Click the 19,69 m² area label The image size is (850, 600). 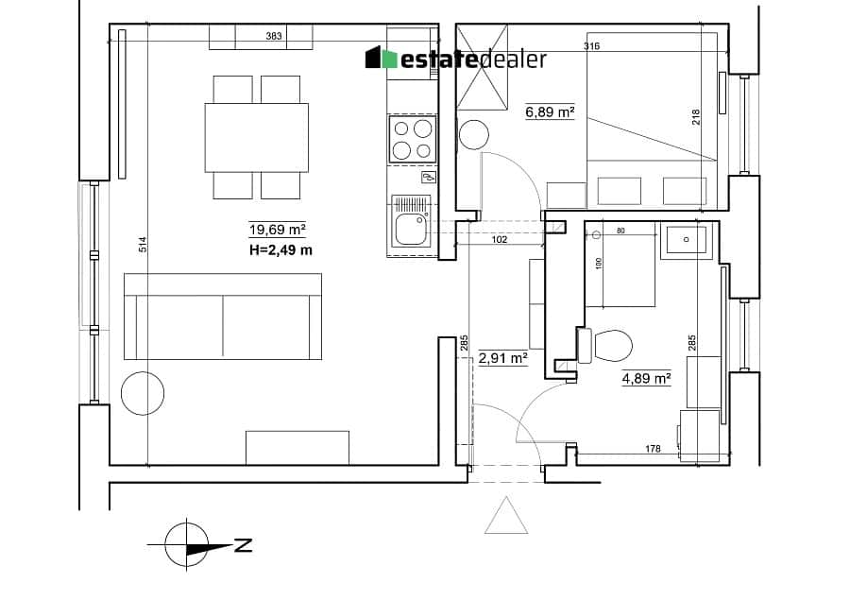click(278, 230)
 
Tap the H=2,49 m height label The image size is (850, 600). click(280, 250)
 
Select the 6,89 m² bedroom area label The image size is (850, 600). click(550, 111)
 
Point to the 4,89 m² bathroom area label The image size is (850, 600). click(646, 378)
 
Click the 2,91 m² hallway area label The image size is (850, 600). click(503, 358)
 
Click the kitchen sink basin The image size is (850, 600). click(412, 229)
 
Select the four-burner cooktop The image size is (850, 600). click(413, 140)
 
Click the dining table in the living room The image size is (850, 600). click(256, 138)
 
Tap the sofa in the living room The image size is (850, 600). click(223, 317)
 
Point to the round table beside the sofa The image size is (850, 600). click(143, 393)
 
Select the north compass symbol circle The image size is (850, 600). click(186, 543)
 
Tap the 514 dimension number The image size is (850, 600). click(143, 245)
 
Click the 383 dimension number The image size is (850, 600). click(274, 36)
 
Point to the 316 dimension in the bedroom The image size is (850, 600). click(592, 46)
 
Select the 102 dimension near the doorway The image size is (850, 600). click(499, 239)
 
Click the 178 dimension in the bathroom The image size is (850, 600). click(654, 449)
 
